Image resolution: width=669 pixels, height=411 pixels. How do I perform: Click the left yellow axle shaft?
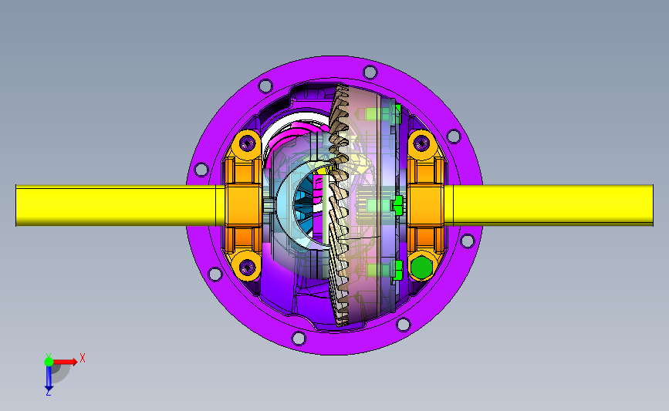[115, 205]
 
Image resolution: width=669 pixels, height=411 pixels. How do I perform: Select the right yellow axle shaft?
[552, 205]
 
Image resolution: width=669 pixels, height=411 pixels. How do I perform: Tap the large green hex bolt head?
[421, 267]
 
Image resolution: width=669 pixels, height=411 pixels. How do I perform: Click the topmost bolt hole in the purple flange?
[370, 72]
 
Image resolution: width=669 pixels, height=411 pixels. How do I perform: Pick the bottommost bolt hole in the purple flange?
[299, 339]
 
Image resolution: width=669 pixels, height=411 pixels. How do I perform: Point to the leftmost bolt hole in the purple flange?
[201, 170]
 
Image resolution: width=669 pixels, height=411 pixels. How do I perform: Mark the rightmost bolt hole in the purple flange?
[468, 241]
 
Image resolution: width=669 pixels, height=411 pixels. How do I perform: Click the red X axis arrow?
[65, 362]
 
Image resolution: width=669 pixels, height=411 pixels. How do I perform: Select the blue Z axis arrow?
[49, 378]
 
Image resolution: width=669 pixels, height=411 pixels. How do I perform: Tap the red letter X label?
[83, 358]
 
